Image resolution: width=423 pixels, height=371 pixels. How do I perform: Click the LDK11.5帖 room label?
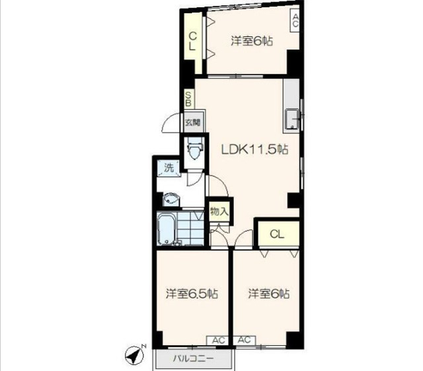point(254,149)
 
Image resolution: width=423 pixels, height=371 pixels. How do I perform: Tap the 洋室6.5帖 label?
point(192,293)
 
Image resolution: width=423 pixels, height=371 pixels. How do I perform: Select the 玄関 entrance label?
point(193,123)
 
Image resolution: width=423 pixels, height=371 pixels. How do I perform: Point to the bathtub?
point(166,228)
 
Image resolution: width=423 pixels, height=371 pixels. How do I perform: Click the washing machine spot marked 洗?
point(169,168)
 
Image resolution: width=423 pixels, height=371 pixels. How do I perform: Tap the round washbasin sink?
point(171,200)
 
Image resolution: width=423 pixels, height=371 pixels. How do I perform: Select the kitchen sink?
point(291,119)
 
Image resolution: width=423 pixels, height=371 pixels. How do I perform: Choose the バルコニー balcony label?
point(194,358)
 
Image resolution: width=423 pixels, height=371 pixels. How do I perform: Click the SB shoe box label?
point(188,99)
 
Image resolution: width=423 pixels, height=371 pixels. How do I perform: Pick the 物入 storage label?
point(219,211)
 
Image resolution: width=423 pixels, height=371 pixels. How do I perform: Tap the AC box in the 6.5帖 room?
point(218,340)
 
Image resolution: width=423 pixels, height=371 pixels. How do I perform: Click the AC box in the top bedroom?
point(295,20)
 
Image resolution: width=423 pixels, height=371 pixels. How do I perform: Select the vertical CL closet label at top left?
point(192,41)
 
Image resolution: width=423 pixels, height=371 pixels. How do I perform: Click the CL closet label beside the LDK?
point(277,234)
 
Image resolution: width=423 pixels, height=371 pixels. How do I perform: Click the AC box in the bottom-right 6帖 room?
point(245,340)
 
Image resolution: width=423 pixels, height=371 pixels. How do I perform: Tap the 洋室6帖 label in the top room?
point(252,41)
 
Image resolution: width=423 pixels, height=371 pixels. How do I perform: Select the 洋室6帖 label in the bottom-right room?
point(269,293)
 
